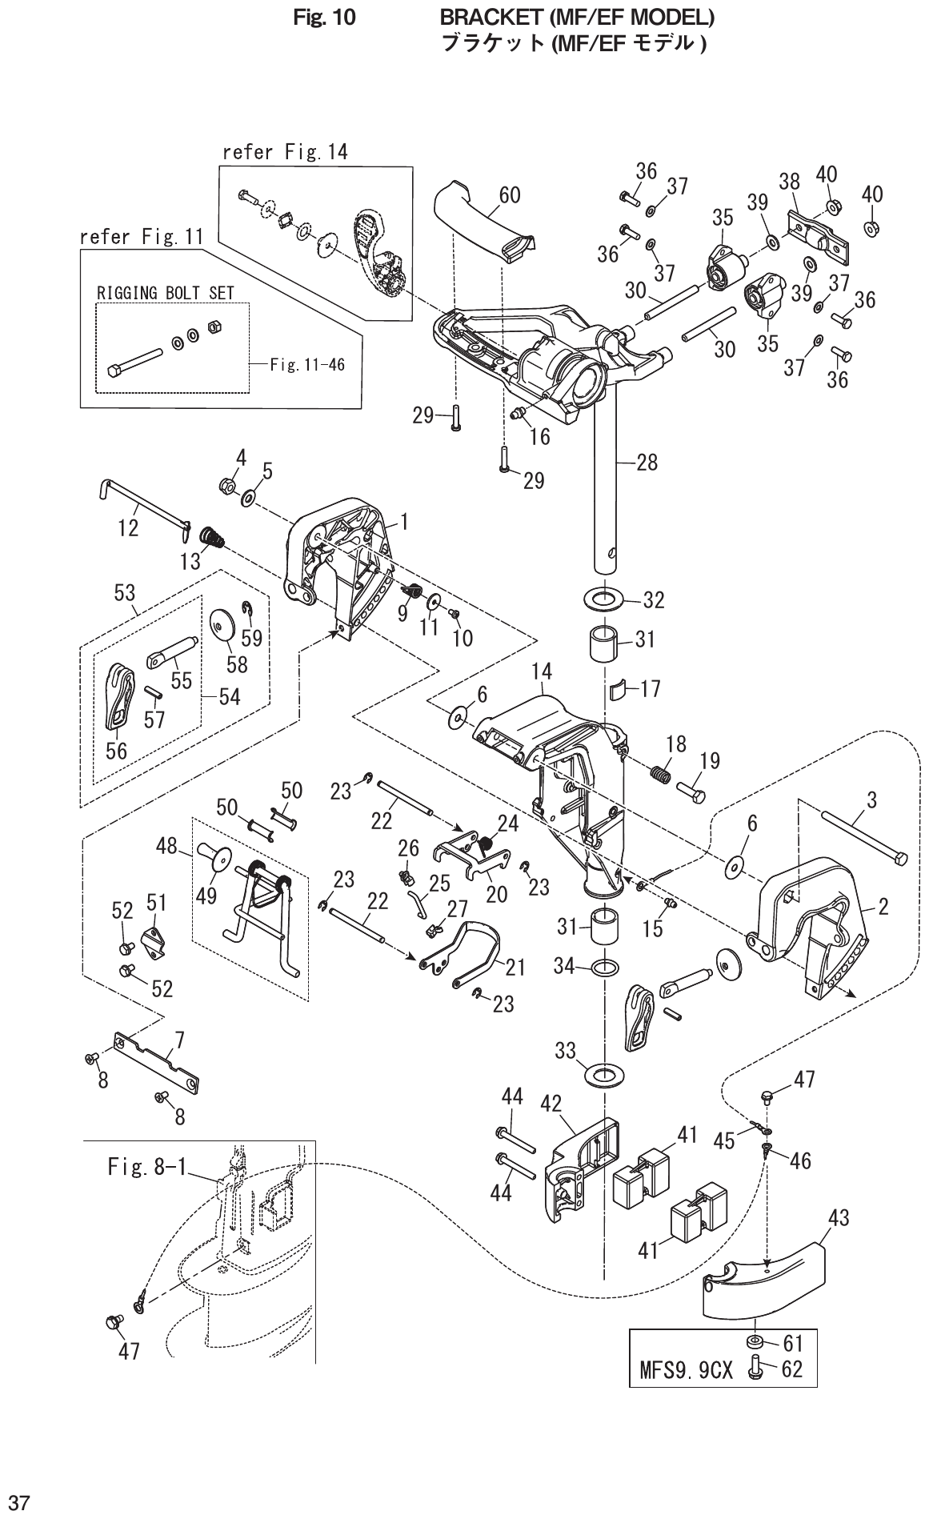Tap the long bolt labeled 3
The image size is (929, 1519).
click(864, 836)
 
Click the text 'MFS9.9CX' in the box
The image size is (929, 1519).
click(687, 1370)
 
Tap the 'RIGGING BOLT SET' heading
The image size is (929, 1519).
click(166, 293)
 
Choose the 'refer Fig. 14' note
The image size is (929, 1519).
click(285, 152)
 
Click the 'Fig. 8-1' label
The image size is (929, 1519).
click(146, 1168)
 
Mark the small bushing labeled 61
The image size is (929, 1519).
click(754, 1341)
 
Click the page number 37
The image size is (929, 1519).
click(19, 1501)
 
